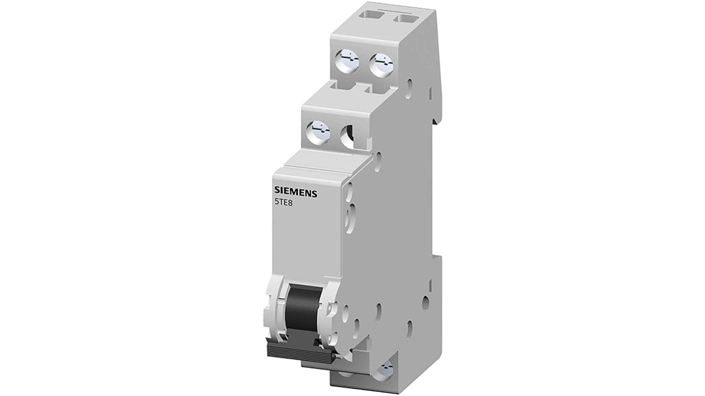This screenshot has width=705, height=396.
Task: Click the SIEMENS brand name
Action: coord(296,194)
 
